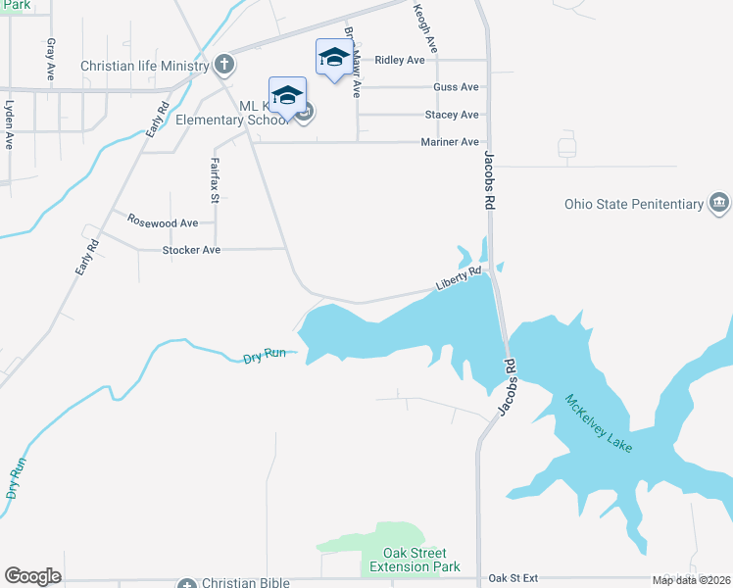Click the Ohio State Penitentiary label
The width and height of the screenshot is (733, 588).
point(634,205)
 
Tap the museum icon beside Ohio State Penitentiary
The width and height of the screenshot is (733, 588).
point(719,204)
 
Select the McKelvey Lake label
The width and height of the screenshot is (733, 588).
point(599,422)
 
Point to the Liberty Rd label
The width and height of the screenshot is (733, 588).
point(459,279)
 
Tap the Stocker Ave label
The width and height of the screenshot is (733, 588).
point(191,250)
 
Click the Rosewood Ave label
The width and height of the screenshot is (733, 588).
point(163,222)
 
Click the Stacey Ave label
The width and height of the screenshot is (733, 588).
point(452,115)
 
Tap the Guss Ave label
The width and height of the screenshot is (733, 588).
point(456,87)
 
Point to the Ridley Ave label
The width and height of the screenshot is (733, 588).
point(400,60)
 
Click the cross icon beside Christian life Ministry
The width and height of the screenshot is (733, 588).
point(223,66)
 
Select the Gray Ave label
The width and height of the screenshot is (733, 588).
point(50,59)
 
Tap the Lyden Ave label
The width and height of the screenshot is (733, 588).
point(9,123)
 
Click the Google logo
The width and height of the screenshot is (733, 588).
point(32,576)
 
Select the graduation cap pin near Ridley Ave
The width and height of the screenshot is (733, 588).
point(333,57)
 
